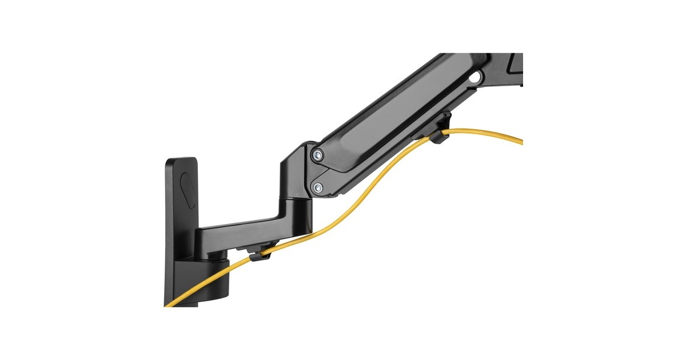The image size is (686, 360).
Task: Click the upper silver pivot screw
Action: point(318,154)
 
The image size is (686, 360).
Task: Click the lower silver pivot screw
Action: point(318,187)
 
